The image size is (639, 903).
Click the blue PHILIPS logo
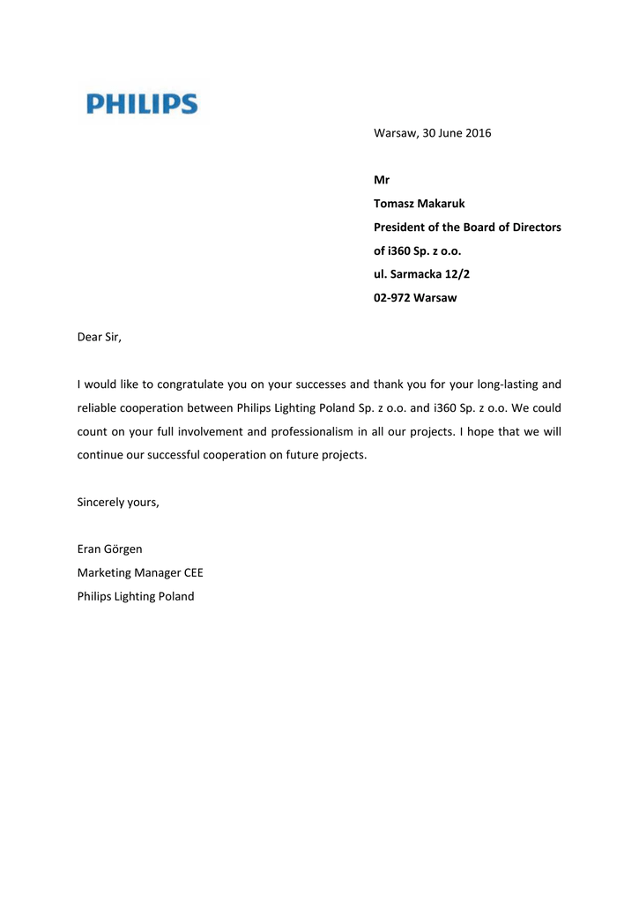click(x=142, y=105)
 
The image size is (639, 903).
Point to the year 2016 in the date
click(x=478, y=133)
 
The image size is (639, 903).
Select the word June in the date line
click(x=448, y=133)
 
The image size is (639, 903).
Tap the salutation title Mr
click(x=382, y=180)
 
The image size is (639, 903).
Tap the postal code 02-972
click(x=391, y=298)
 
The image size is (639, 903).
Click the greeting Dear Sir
click(x=99, y=338)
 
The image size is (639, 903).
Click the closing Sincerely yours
click(x=118, y=503)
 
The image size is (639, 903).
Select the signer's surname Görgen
click(x=124, y=549)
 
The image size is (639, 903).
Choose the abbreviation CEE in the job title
click(x=193, y=573)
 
